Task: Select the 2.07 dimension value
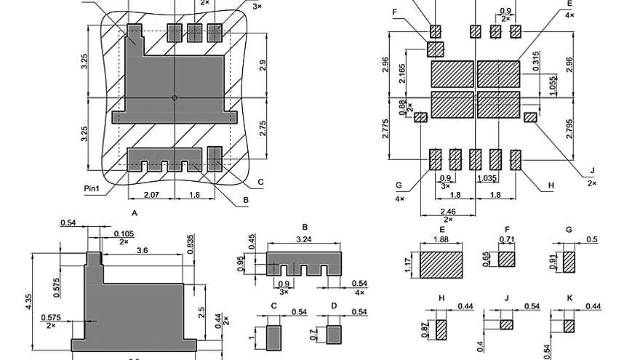click(x=151, y=195)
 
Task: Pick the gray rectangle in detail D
click(x=334, y=335)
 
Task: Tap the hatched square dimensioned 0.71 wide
click(x=507, y=260)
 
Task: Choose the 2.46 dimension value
click(x=447, y=211)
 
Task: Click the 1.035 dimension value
click(x=487, y=177)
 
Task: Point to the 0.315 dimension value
click(x=536, y=64)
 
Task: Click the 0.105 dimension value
click(x=123, y=233)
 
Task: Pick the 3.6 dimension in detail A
click(x=143, y=250)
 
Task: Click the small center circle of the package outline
click(x=175, y=97)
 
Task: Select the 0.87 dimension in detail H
click(x=424, y=329)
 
